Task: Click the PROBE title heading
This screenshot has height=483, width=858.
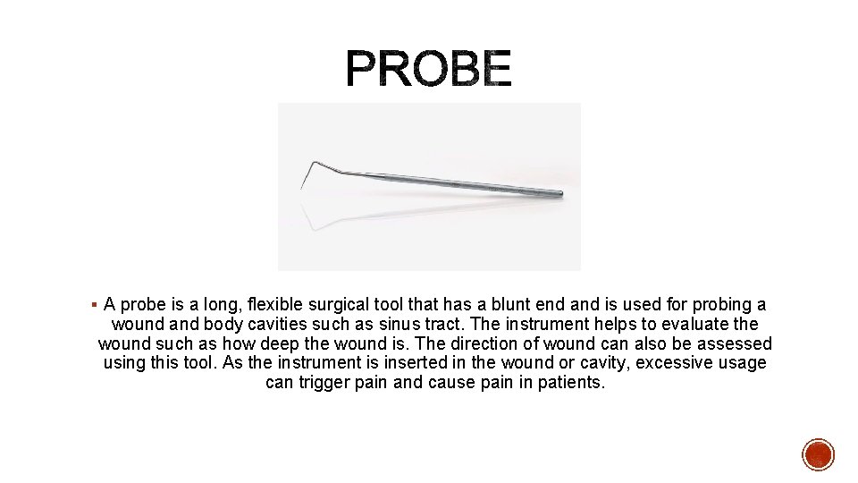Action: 429,69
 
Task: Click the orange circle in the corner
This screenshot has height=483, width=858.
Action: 818,454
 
